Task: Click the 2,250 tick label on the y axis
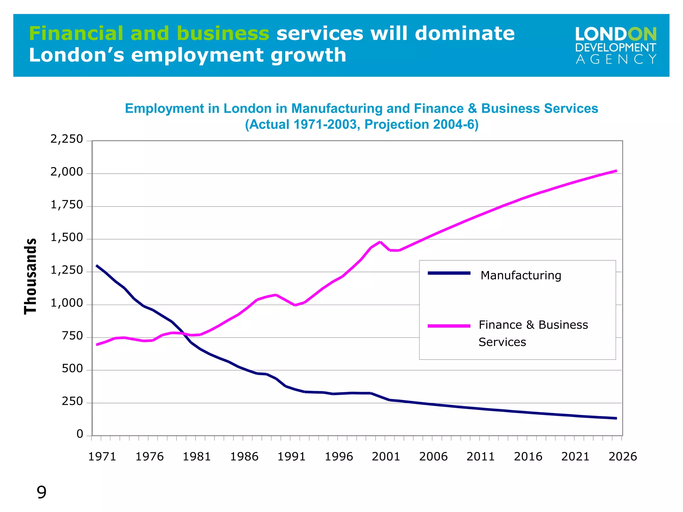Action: click(x=66, y=139)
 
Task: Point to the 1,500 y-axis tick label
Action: click(x=66, y=238)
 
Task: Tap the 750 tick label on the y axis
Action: click(x=72, y=336)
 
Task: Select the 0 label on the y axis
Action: click(x=80, y=434)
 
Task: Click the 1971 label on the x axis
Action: click(x=102, y=456)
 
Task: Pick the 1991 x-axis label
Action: click(x=291, y=456)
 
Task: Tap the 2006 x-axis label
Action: click(x=433, y=456)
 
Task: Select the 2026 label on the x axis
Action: click(x=623, y=456)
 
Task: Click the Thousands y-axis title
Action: click(x=31, y=276)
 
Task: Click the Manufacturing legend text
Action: click(x=521, y=275)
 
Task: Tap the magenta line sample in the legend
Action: click(x=449, y=326)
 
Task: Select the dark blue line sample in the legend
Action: click(x=449, y=273)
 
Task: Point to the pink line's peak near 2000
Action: click(x=380, y=242)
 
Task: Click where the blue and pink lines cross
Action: click(x=184, y=333)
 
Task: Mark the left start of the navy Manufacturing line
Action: click(x=97, y=266)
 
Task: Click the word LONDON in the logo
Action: click(x=616, y=35)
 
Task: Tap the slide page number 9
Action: click(x=41, y=492)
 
